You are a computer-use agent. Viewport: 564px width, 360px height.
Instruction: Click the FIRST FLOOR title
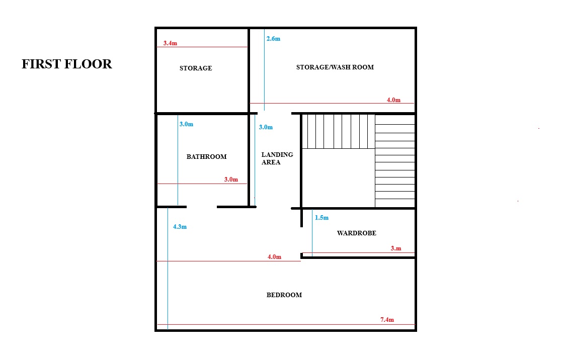coord(67,64)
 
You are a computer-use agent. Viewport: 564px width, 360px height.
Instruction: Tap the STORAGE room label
coord(196,68)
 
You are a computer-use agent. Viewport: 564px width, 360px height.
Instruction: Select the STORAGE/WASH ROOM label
coord(335,67)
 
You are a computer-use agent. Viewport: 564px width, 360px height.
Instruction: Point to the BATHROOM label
coord(206,157)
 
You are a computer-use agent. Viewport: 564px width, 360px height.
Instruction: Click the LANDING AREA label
coord(277,158)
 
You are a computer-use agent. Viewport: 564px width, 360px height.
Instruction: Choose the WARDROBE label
coord(356,233)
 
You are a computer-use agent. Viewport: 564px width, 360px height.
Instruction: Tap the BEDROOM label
coord(284,295)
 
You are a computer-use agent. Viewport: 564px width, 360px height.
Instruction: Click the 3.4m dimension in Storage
coord(170,43)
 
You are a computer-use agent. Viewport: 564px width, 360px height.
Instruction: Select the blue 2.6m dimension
coord(273,39)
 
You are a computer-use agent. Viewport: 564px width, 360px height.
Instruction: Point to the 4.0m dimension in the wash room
coord(393,100)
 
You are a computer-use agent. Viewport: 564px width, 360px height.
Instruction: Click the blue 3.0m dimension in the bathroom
coord(186,124)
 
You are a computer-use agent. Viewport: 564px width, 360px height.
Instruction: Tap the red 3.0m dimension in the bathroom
coord(231,179)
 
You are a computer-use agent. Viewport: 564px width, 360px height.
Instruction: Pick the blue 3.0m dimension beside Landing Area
coord(266,127)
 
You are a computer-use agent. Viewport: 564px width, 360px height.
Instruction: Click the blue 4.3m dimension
coord(180,227)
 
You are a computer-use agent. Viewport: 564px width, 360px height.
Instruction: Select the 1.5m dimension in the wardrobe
coord(321,218)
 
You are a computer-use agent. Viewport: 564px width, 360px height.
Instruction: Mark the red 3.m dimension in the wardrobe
coord(396,248)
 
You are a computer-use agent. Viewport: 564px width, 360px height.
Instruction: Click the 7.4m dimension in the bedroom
coord(387,320)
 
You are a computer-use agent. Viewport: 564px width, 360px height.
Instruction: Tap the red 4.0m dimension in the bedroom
coord(274,257)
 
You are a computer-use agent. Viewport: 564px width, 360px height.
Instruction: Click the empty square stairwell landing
coord(339,178)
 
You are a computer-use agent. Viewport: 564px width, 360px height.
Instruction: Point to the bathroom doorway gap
coord(202,207)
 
